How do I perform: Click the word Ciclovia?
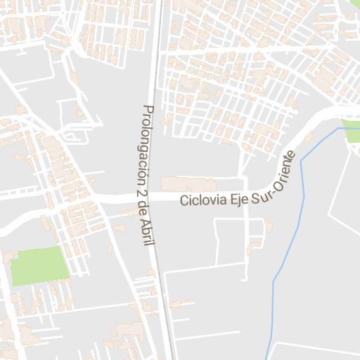202,200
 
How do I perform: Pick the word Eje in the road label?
236,199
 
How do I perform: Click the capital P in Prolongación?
146,110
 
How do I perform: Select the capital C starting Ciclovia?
184,201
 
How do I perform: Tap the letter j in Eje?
237,200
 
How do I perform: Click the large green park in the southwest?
40,266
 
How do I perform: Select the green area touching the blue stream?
352,131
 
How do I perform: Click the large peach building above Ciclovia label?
188,184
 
